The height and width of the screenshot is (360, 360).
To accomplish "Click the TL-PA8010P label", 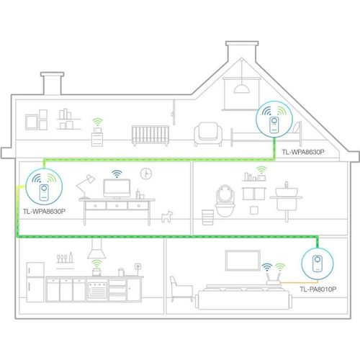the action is pos(318,289).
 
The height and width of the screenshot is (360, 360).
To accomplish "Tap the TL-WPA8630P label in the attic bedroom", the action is pos(303,152).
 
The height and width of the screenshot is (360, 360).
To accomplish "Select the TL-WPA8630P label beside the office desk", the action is pos(44,212).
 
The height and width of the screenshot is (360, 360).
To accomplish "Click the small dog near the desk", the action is pos(167,217).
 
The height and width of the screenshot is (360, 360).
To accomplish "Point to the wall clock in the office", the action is pos(146,174).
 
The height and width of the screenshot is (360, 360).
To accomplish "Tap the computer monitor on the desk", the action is pos(117,189).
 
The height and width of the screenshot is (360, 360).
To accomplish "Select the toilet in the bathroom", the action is pos(225,201).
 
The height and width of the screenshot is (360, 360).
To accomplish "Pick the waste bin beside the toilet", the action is pos(208,217).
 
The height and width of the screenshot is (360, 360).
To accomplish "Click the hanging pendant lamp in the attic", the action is pos(242,88).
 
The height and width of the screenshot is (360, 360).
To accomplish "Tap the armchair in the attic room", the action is pos(208,135).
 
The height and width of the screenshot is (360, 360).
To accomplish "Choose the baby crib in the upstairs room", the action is pos(150,135).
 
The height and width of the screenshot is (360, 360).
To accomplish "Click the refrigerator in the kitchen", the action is pos(35,282).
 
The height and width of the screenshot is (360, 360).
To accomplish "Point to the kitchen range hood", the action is pos(96,248).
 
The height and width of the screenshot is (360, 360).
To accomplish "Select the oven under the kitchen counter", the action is pos(97,290).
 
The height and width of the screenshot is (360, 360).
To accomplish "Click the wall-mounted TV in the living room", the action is pos(243,261).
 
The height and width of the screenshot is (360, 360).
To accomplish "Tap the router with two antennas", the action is pos(274,277).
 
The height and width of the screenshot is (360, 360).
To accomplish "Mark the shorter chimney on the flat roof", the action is pos(53,84).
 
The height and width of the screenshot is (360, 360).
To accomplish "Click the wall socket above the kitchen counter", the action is pos(138,266).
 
